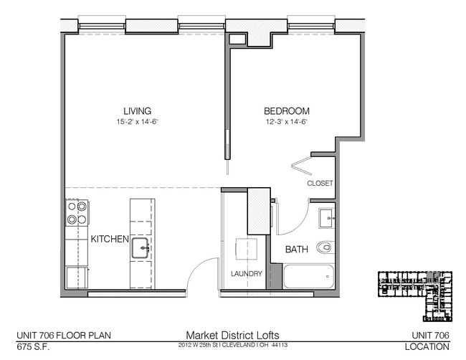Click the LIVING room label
[137, 111]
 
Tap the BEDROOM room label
[287, 111]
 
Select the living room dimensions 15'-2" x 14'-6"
[137, 122]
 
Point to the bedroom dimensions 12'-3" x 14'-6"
[287, 122]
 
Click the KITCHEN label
[109, 239]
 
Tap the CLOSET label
[320, 184]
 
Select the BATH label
[297, 250]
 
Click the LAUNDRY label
[246, 274]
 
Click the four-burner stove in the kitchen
[77, 212]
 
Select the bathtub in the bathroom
[308, 277]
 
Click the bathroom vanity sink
[326, 216]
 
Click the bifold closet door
[300, 165]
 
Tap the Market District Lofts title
[232, 335]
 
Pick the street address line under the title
[232, 346]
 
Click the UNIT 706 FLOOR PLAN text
[63, 335]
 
